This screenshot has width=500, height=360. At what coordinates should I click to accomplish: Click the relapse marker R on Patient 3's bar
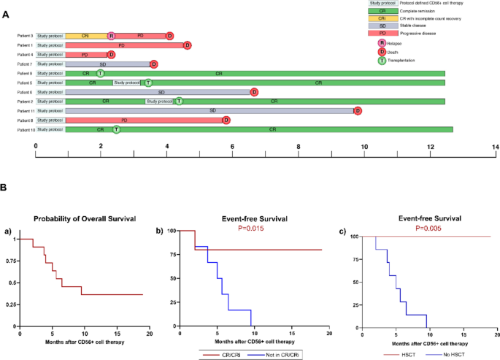tap(111, 35)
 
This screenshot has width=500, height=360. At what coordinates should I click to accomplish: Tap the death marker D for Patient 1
tap(187, 45)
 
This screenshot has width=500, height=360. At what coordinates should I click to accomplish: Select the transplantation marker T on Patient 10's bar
tap(116, 129)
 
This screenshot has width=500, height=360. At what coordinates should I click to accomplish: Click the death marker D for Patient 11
tap(358, 110)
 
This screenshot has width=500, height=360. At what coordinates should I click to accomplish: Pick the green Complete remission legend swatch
tap(382, 12)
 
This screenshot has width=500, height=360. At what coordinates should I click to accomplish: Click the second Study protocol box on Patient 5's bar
tap(127, 83)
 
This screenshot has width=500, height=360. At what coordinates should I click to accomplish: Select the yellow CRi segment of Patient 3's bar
tap(85, 35)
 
